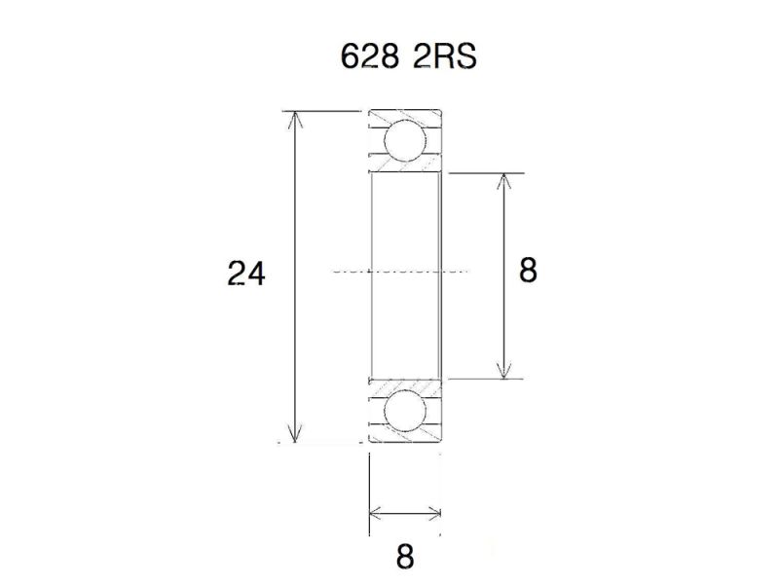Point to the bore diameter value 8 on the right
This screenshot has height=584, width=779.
pyautogui.click(x=528, y=270)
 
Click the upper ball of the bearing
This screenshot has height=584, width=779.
pyautogui.click(x=405, y=141)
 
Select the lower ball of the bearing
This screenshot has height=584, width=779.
pyautogui.click(x=405, y=411)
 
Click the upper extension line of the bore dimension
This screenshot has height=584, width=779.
pyautogui.click(x=487, y=173)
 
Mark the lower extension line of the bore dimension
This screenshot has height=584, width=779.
pyautogui.click(x=487, y=379)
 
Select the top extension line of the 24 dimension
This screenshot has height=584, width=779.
pyautogui.click(x=321, y=112)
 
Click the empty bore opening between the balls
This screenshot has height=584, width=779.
pyautogui.click(x=405, y=234)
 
